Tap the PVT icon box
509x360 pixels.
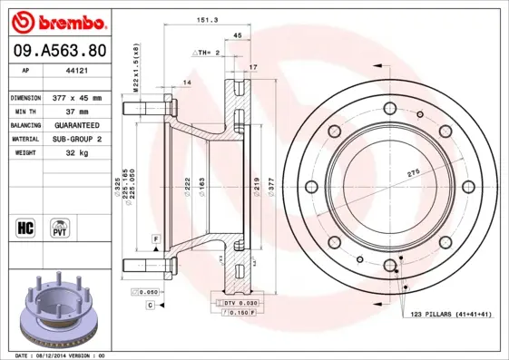point(61,226)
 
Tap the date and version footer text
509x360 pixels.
point(61,355)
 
